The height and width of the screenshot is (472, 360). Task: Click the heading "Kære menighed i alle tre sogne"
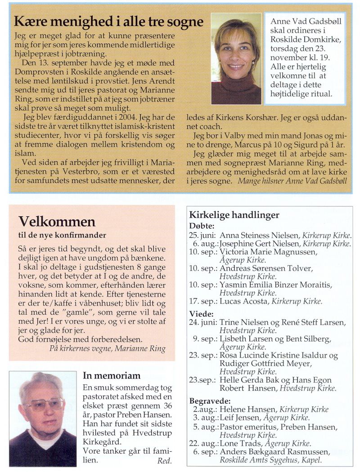[109, 21]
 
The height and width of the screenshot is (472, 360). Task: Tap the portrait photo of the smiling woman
[236, 58]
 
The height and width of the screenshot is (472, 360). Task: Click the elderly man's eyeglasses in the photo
[44, 404]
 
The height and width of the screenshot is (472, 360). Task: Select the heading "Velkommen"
[57, 222]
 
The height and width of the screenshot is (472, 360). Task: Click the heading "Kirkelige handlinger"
[234, 215]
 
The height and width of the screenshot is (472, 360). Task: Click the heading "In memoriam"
[112, 376]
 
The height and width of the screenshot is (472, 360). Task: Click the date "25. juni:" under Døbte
[202, 235]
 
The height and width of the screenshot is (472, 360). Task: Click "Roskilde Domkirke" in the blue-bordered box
[306, 40]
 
